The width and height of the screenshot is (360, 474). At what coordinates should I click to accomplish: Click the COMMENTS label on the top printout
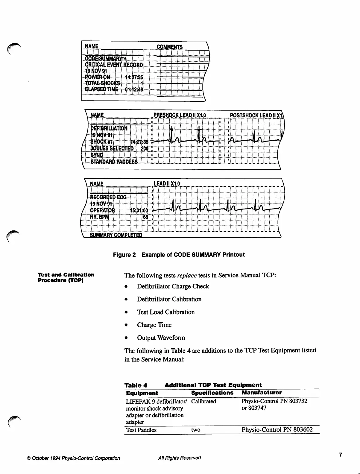tap(169, 47)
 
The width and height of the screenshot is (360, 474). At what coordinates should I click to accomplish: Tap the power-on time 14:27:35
tap(134, 77)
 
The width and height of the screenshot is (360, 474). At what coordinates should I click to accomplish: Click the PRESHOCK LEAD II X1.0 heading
tap(179, 115)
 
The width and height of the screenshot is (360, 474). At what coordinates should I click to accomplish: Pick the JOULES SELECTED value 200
tap(145, 148)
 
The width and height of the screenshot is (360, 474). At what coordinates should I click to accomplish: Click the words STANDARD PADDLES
tap(114, 162)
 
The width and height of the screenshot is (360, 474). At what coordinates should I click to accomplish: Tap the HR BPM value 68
tap(145, 217)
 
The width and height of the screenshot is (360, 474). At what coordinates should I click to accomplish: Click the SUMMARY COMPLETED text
tap(116, 235)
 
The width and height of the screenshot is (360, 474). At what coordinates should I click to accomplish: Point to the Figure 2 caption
tap(179, 255)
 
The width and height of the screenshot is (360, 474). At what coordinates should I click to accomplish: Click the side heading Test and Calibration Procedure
tap(66, 277)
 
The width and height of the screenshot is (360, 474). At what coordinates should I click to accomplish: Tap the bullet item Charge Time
tap(154, 325)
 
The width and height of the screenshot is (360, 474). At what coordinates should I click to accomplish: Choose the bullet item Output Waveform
tap(161, 338)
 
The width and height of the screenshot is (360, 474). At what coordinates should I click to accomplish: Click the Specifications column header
tap(212, 393)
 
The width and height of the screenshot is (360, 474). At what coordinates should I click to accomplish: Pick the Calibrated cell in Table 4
tap(203, 401)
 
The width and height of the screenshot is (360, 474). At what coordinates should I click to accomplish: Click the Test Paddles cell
tap(141, 430)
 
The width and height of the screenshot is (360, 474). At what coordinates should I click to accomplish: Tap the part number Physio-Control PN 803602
tap(277, 430)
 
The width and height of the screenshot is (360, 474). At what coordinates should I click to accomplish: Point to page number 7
tap(340, 455)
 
